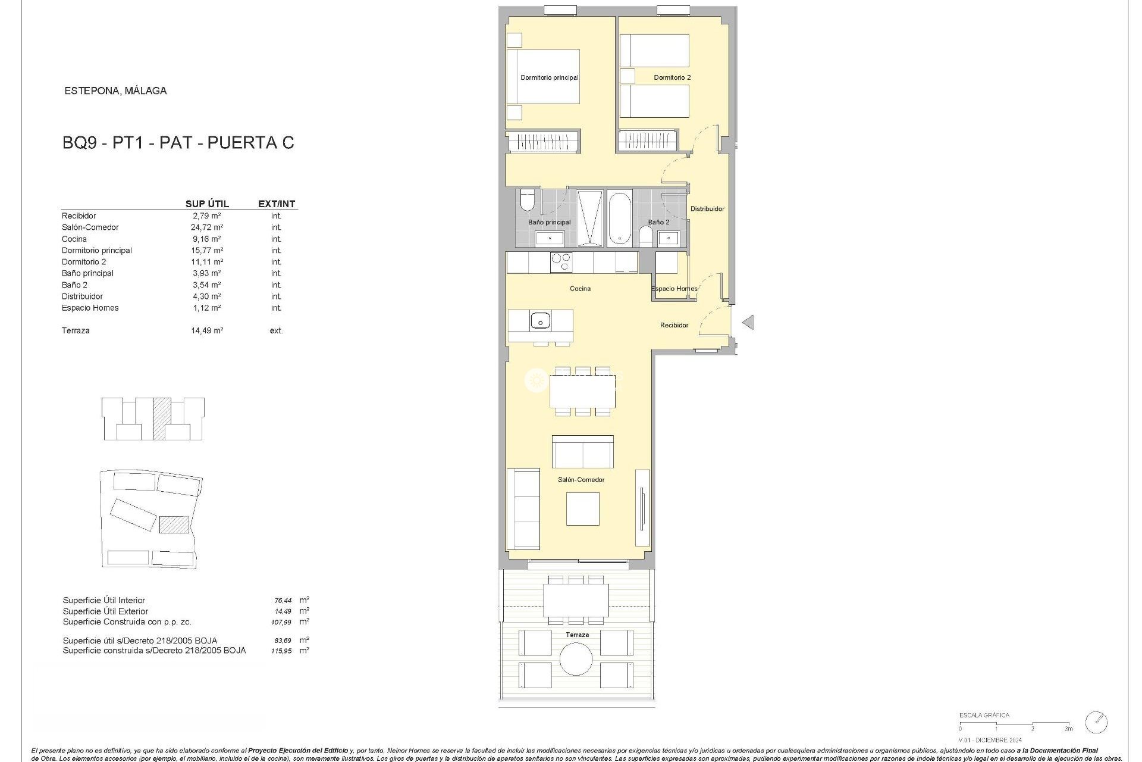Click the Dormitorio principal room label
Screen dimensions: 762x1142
click(549, 77)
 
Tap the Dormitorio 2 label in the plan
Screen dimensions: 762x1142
click(672, 77)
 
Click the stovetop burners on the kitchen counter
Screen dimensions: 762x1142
click(561, 263)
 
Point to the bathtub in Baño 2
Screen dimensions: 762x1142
click(619, 218)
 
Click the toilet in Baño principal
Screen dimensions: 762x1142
click(527, 201)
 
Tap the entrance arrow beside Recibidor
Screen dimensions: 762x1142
click(748, 322)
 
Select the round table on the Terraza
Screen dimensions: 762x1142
click(576, 659)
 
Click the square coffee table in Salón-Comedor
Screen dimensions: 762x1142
click(582, 509)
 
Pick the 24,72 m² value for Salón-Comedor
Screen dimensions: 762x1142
click(207, 227)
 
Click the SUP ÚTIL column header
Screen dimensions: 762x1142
click(207, 204)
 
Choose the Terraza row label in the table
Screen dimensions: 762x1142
click(76, 330)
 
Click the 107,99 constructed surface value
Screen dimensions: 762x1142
click(281, 622)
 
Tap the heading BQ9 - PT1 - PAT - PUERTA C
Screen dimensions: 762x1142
click(178, 143)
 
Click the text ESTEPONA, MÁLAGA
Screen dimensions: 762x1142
click(115, 91)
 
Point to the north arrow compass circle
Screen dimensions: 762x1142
click(1096, 722)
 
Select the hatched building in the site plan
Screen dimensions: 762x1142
click(174, 524)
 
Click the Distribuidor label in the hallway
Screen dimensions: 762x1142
click(707, 209)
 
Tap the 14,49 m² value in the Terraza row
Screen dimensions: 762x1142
click(207, 330)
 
